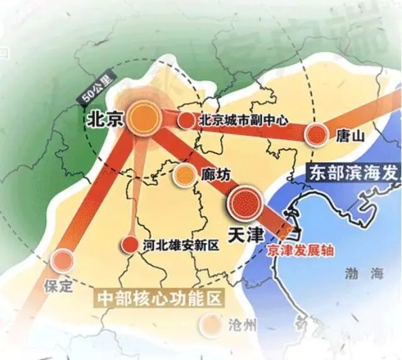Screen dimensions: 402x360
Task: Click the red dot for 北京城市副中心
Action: (x=185, y=120)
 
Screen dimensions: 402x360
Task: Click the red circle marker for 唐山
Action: (x=317, y=134)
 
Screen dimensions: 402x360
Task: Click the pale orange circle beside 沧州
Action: (x=210, y=324)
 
